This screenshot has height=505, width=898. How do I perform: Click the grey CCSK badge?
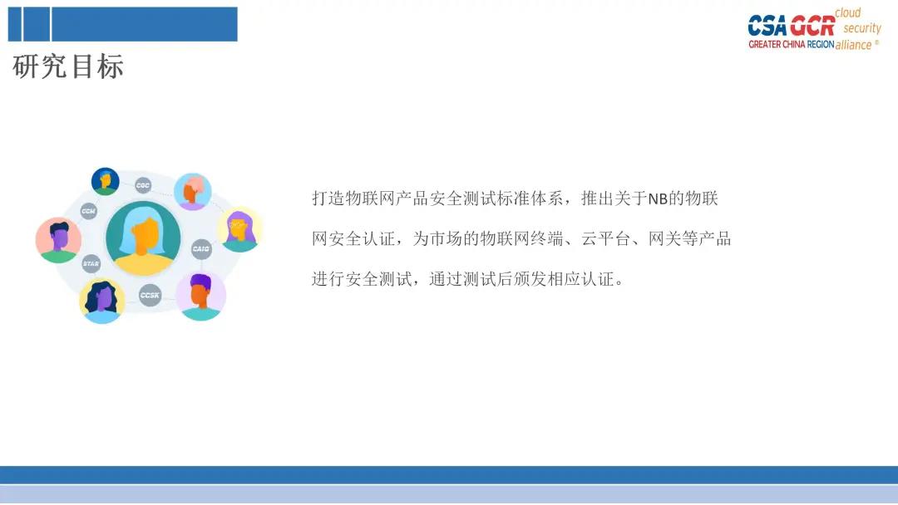[150, 295]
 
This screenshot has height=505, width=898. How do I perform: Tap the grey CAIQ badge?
[201, 249]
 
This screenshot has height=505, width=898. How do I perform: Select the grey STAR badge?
[91, 263]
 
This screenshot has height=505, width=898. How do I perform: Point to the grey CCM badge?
[88, 211]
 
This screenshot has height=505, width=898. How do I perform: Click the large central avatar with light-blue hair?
[143, 238]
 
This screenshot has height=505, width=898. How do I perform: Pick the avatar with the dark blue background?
[106, 182]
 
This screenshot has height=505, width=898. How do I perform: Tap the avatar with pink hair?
[192, 192]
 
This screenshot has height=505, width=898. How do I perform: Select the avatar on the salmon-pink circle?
[58, 240]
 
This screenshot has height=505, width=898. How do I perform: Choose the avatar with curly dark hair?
[102, 302]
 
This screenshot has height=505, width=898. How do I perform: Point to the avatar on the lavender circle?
[200, 297]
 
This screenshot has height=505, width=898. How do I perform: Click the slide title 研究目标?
[68, 66]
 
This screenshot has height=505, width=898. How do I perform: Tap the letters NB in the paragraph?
[658, 199]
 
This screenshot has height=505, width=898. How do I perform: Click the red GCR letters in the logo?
[812, 27]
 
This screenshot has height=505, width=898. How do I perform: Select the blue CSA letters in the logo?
[768, 27]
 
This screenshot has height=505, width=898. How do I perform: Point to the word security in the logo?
[862, 28]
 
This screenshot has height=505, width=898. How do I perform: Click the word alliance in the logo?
[853, 45]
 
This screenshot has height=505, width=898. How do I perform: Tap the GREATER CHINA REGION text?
[791, 44]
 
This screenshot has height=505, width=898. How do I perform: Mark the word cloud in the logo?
[847, 12]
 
